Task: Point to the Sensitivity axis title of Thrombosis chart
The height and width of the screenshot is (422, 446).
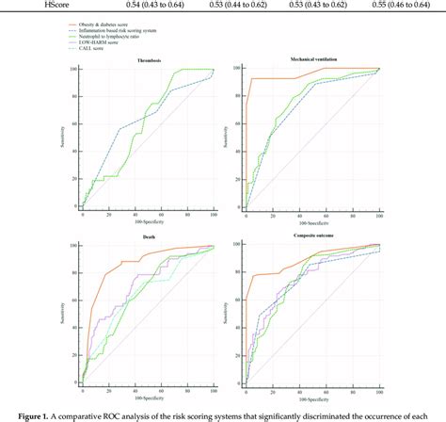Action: [60, 137]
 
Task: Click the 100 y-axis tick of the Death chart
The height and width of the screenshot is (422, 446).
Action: [73, 246]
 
